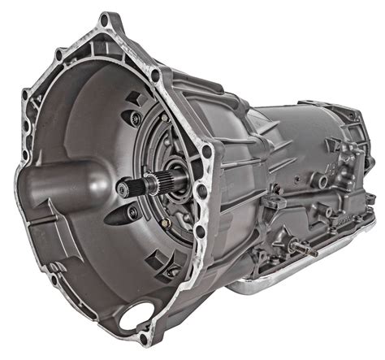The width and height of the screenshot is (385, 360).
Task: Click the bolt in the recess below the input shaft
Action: point(132,213)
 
